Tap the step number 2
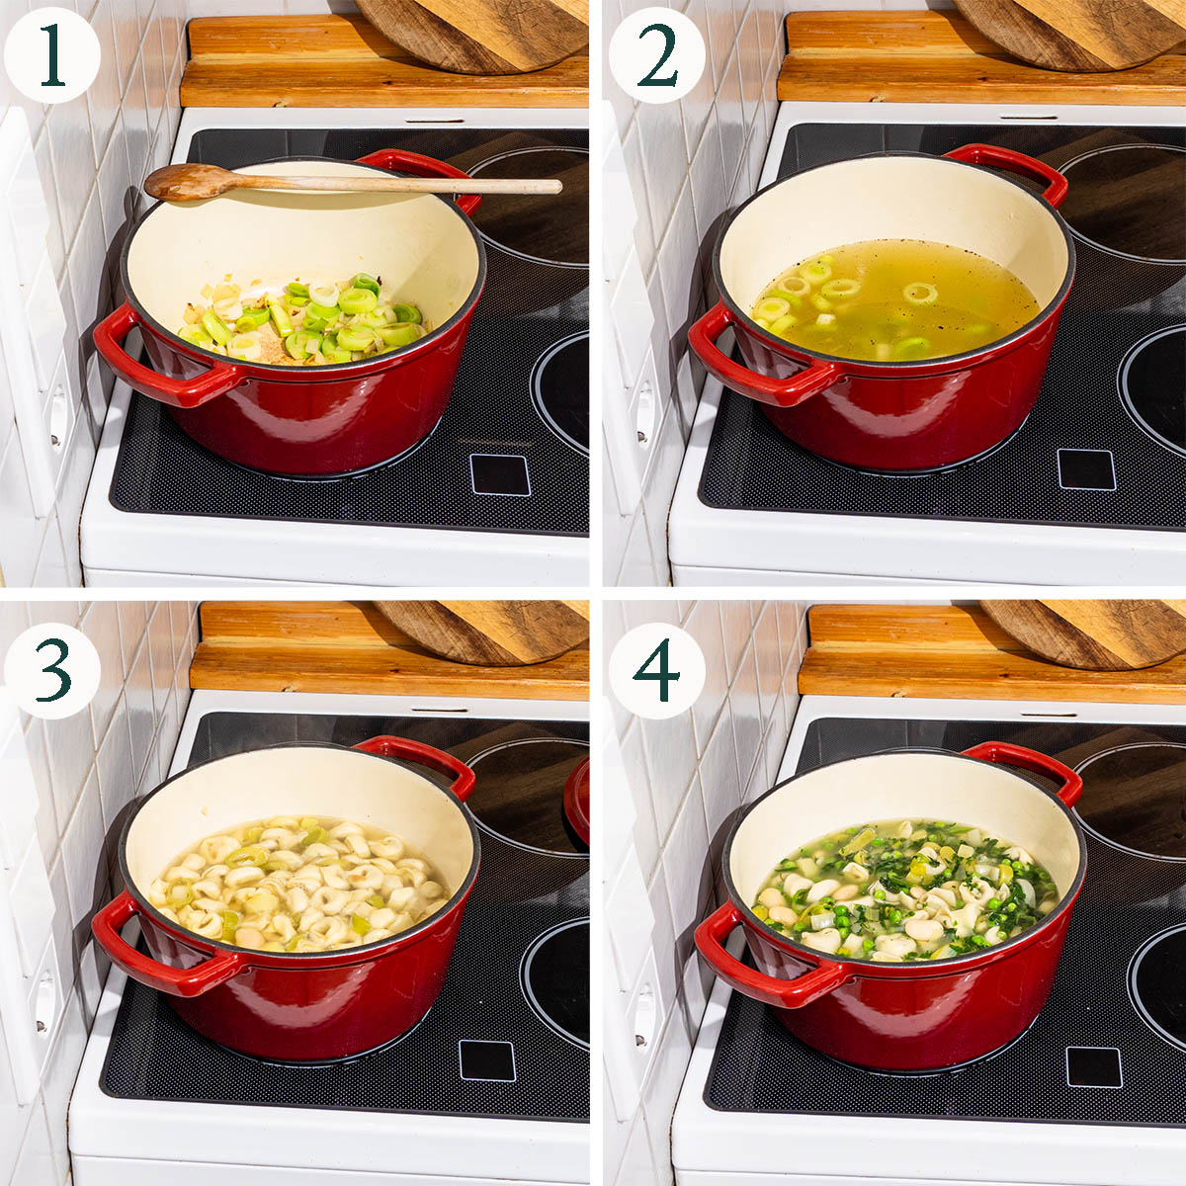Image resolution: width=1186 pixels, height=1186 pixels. (657, 54)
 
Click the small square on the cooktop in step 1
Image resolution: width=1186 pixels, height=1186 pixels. (500, 474)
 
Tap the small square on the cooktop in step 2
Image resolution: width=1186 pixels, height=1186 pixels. (1086, 469)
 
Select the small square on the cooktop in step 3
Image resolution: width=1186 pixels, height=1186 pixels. (487, 1060)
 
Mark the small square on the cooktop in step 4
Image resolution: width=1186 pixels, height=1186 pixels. (1094, 1066)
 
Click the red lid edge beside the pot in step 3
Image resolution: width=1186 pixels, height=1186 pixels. (576, 801)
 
